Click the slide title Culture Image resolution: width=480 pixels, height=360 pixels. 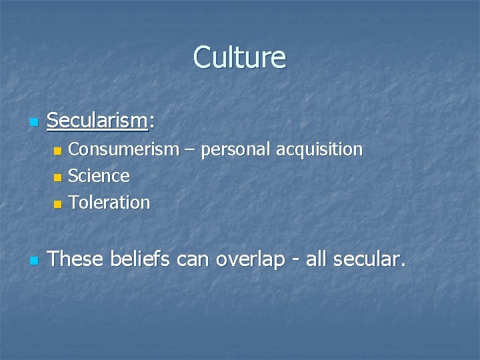(239, 57)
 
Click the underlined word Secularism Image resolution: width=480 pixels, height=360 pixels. (97, 121)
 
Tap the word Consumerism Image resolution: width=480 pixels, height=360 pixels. (123, 149)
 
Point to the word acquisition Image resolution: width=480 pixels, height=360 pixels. (319, 150)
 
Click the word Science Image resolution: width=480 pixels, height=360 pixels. (99, 176)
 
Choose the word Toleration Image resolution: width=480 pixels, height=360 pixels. (109, 202)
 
